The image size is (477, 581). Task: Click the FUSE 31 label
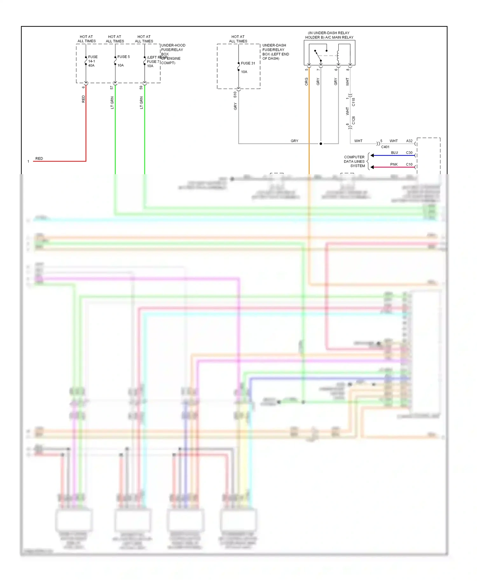point(248,63)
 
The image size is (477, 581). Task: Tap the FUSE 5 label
point(123,57)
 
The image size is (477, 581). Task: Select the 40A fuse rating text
point(91,65)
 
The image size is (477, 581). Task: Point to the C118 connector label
point(353,102)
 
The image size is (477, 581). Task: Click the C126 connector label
point(353,120)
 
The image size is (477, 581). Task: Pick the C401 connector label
point(385,147)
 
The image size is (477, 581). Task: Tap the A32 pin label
point(409,141)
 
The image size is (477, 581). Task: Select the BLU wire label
point(394,153)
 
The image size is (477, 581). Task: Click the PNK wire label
point(394,164)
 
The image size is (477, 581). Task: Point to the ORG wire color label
point(307,82)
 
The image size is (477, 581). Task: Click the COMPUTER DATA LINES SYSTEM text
point(354,161)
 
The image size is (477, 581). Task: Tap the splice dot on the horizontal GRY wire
point(321,144)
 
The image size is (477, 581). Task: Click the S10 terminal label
point(235,94)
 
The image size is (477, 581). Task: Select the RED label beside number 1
point(39,158)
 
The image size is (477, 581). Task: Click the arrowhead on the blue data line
point(372,155)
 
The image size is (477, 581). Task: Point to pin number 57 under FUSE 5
point(112,87)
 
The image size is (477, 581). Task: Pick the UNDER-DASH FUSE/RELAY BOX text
point(275,52)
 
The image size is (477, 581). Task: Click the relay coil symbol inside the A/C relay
point(338,56)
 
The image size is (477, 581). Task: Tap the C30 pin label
point(409,153)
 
